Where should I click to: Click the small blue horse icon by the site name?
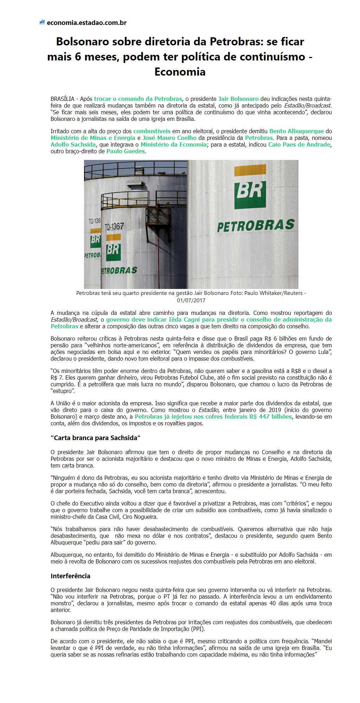coord(42,23)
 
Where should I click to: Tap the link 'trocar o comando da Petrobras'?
coord(138,99)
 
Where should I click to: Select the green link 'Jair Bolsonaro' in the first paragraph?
coord(238,99)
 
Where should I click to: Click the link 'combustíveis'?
coord(152,131)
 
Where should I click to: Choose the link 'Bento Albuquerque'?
coord(296,131)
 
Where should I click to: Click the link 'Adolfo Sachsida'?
coord(72,144)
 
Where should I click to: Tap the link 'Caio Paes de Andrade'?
coord(299,144)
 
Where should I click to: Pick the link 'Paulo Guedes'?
coord(126,151)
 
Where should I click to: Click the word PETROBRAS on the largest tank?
coord(256,226)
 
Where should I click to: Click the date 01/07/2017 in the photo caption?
coord(191,301)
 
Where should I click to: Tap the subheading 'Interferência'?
coord(70,576)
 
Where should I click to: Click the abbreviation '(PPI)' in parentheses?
coord(198,629)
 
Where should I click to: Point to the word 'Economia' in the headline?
coord(180,72)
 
